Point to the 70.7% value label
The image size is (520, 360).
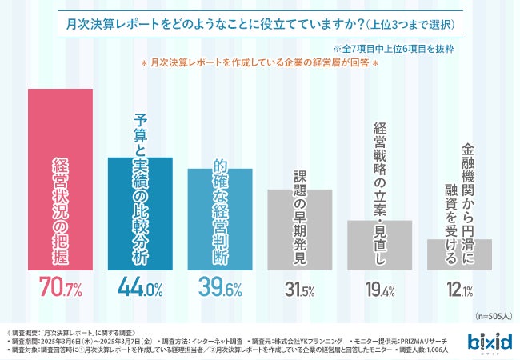pyautogui.click(x=60, y=286)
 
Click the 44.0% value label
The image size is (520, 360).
pyautogui.click(x=140, y=286)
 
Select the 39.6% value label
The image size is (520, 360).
pyautogui.click(x=220, y=287)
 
